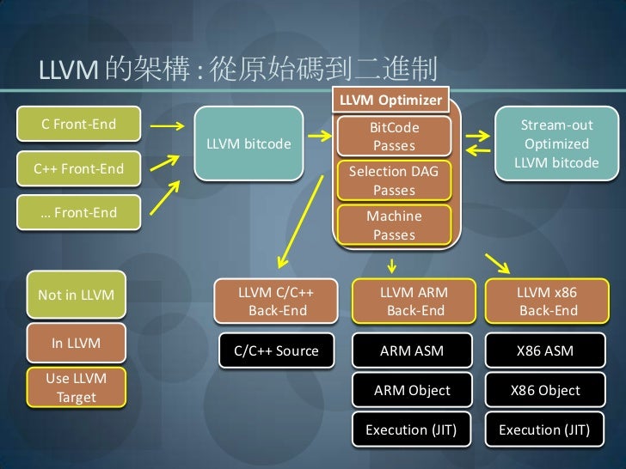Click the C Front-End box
[x=80, y=125]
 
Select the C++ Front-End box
[x=80, y=169]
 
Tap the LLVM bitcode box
[x=249, y=143]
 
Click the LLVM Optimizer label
[x=390, y=100]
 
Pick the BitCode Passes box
[x=394, y=136]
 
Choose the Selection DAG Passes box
[x=394, y=180]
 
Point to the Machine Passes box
[x=394, y=225]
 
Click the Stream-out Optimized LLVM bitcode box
[x=556, y=143]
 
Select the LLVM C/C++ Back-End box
[x=277, y=301]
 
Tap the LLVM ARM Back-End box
[x=414, y=301]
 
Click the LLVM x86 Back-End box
[x=546, y=301]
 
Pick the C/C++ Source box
[x=277, y=350]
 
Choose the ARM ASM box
[x=413, y=350]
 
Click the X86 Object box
[x=545, y=390]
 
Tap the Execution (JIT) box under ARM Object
[x=413, y=429]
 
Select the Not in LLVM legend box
[x=77, y=295]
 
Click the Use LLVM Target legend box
[x=77, y=389]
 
